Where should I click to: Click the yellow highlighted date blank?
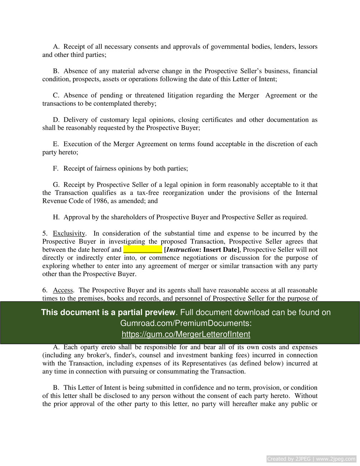click(x=143, y=250)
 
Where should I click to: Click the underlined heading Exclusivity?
click(x=69, y=234)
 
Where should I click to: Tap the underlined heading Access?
click(x=63, y=290)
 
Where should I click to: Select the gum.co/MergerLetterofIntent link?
click(x=186, y=334)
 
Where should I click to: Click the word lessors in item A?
click(x=308, y=47)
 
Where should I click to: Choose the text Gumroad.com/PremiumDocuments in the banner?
click(x=186, y=323)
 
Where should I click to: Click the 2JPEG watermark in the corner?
click(x=311, y=459)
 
